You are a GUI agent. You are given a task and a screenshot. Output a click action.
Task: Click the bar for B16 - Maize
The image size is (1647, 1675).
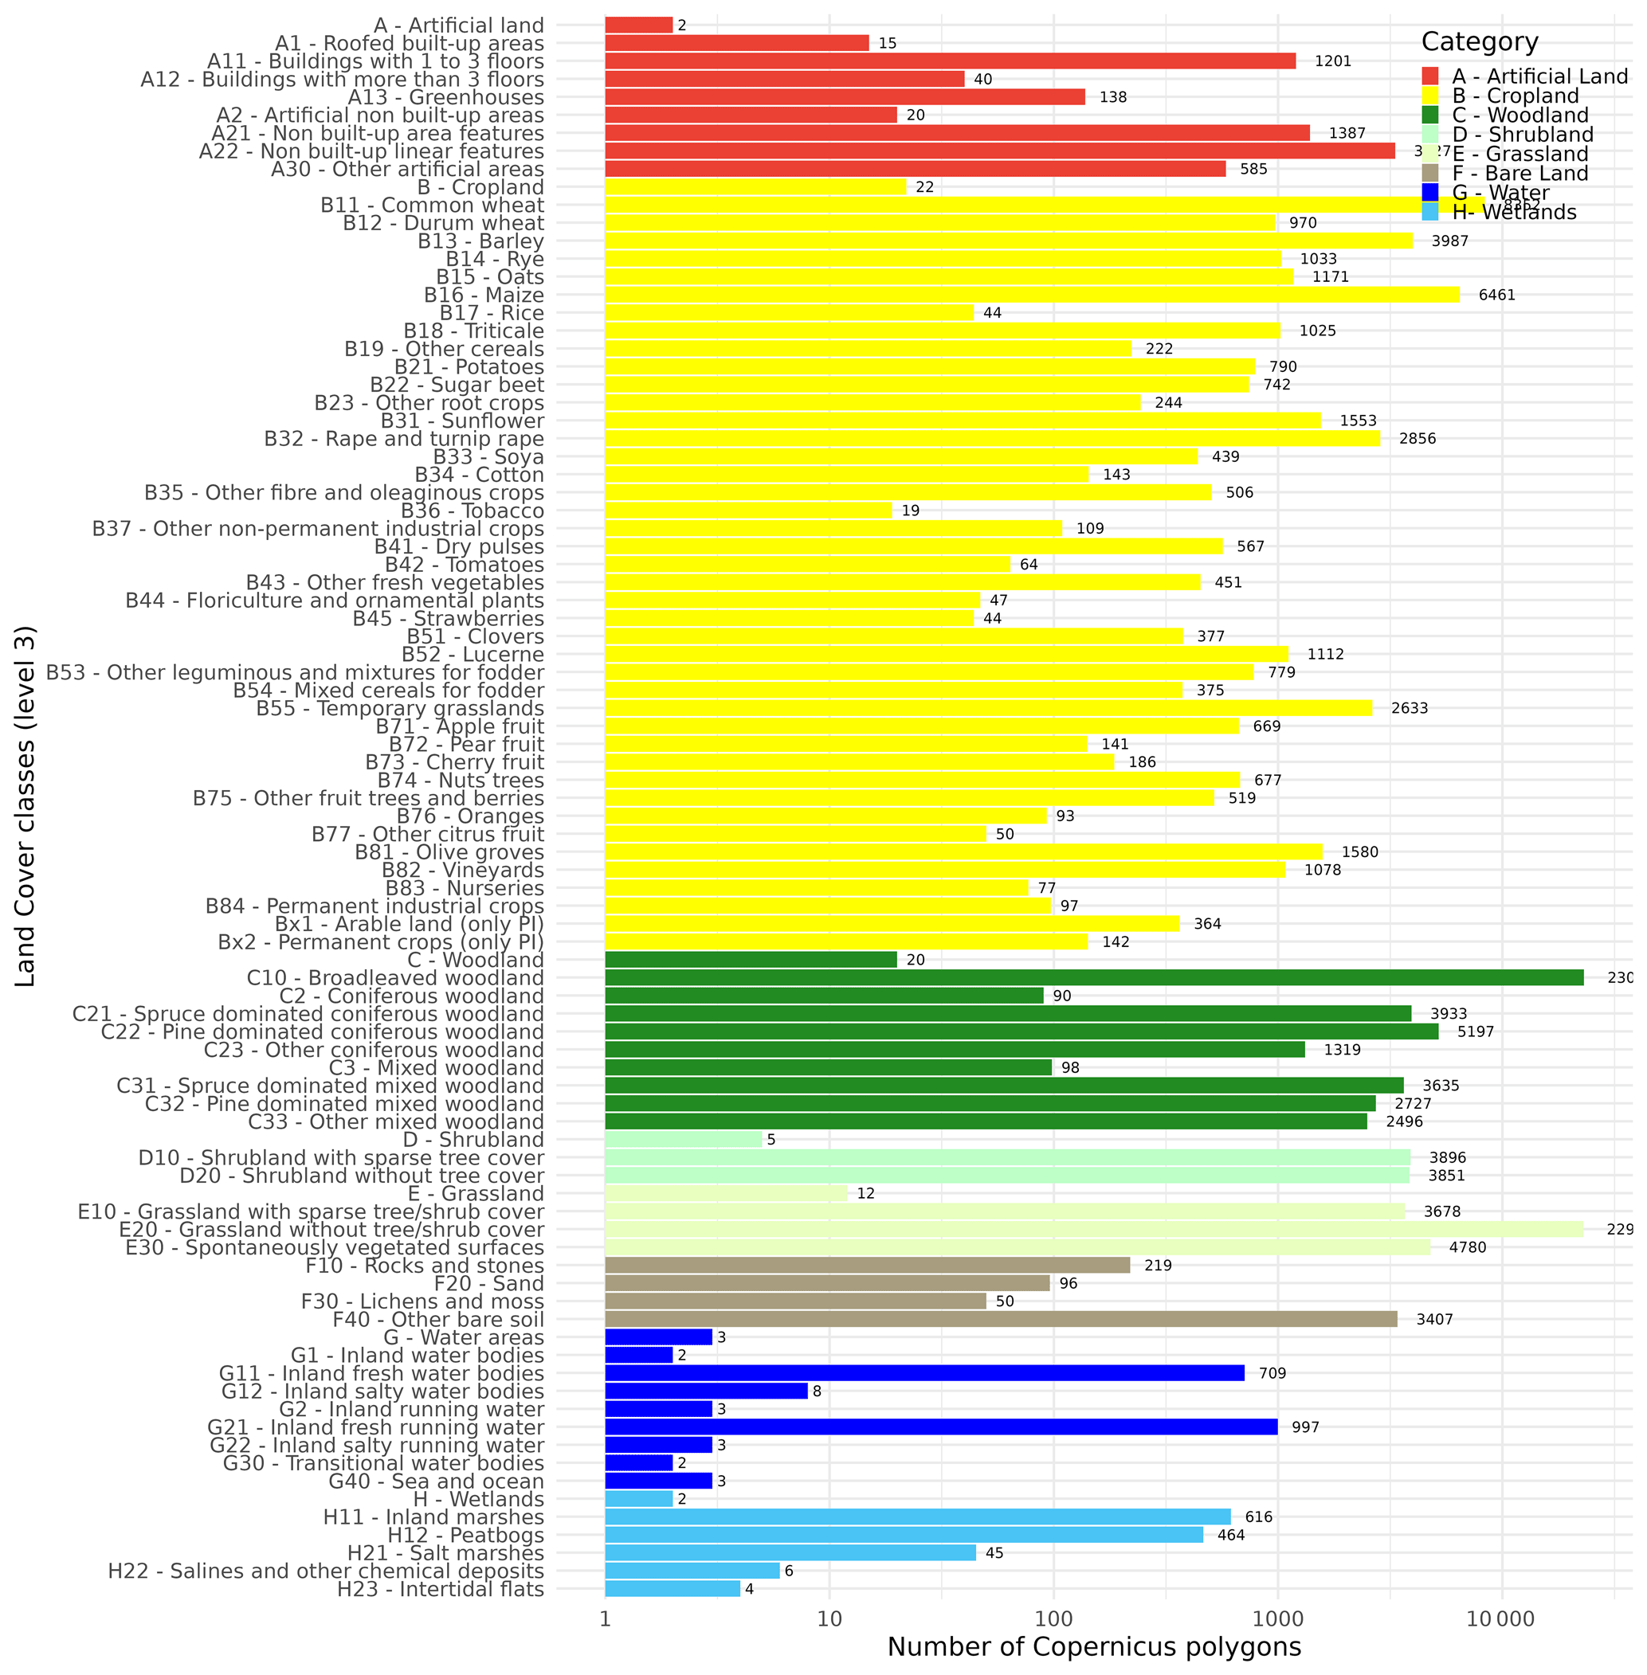1031,295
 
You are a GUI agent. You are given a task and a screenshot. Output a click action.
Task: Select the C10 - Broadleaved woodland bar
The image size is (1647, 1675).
1093,978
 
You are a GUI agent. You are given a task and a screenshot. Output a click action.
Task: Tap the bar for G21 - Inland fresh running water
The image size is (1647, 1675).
940,1426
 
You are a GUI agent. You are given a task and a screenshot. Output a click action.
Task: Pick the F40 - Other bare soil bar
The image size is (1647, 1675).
1000,1319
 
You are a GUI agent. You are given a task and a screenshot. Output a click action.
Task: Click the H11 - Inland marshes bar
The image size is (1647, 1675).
917,1517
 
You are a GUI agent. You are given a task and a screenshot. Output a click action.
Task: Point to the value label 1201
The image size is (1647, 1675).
1332,61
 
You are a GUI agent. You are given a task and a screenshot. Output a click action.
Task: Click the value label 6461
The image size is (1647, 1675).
1496,295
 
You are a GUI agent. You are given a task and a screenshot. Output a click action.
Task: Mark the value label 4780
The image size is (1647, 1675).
1467,1247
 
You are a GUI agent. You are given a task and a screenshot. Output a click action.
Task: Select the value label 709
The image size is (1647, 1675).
1273,1373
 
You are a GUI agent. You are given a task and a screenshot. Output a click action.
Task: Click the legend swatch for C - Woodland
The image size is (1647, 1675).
1430,115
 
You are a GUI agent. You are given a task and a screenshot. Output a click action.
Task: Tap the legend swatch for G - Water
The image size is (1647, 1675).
1430,192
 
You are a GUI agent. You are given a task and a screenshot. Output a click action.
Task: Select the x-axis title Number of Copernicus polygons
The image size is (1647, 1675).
1093,1647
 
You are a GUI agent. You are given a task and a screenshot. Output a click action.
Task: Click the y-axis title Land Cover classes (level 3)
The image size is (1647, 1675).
26,806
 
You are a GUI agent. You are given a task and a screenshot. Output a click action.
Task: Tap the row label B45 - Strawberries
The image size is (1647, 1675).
448,618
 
